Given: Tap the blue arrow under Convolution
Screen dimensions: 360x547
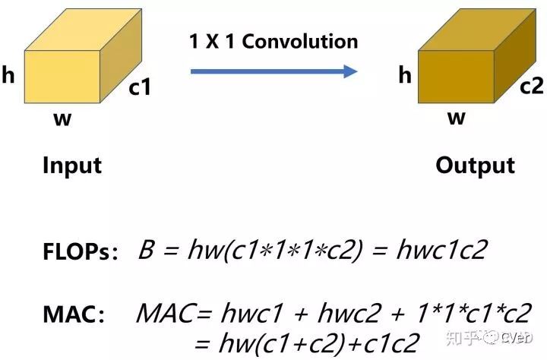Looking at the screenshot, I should [273, 71].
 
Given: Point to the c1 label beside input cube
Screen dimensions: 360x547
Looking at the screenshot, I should [140, 88].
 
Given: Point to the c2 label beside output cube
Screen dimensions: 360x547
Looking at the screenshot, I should [531, 87].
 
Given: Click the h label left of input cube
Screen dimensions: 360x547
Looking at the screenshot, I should [9, 76].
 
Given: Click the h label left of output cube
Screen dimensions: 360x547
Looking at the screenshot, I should [405, 74].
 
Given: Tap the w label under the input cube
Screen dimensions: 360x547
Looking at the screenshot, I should [62, 119].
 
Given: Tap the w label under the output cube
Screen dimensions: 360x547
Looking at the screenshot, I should [456, 118].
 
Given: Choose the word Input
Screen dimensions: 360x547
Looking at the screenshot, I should [71, 166].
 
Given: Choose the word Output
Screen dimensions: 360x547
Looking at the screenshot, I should [475, 166].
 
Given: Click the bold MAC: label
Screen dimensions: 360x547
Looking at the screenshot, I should [74, 314].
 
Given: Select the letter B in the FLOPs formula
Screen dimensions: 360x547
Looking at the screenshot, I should [146, 251].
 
